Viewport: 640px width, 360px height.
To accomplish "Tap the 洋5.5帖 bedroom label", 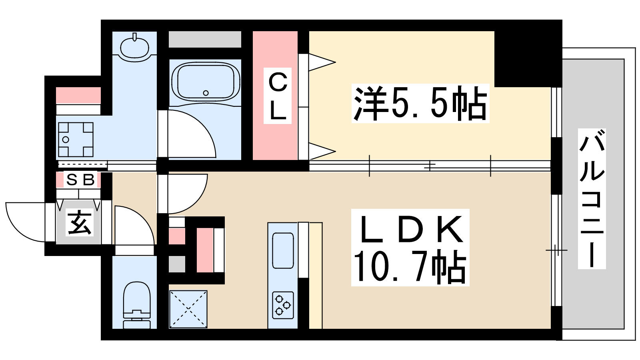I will (x=420, y=103).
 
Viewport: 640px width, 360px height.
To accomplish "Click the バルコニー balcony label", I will (x=592, y=199).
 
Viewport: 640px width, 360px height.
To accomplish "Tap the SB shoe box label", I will (x=80, y=180).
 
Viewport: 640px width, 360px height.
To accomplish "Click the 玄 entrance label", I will (x=80, y=222).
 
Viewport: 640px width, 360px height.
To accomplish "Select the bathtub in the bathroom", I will (x=206, y=82).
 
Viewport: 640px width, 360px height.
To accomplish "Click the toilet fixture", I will (x=136, y=304).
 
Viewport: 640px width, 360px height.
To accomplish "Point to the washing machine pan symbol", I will (x=76, y=140).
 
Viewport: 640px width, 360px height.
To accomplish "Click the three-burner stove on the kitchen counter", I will (x=283, y=305).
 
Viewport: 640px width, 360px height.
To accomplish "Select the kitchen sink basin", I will (x=283, y=250).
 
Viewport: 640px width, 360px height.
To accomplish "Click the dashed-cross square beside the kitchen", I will (x=188, y=309).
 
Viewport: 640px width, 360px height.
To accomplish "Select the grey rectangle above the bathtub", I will (x=205, y=40).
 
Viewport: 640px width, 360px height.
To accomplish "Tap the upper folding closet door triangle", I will (x=321, y=62).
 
